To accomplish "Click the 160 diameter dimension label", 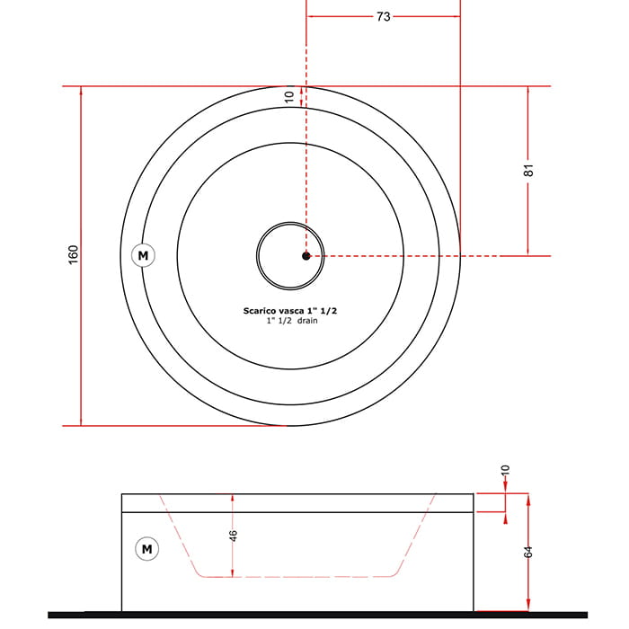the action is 73,254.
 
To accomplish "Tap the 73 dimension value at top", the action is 383,16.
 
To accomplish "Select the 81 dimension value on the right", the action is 528,170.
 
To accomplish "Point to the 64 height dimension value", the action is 528,552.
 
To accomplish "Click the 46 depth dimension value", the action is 233,536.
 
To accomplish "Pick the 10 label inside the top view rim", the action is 288,97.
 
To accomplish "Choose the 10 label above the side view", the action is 505,470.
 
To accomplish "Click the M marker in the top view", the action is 143,255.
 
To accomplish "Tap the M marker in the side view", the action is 146,548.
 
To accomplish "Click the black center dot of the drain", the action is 306,256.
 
